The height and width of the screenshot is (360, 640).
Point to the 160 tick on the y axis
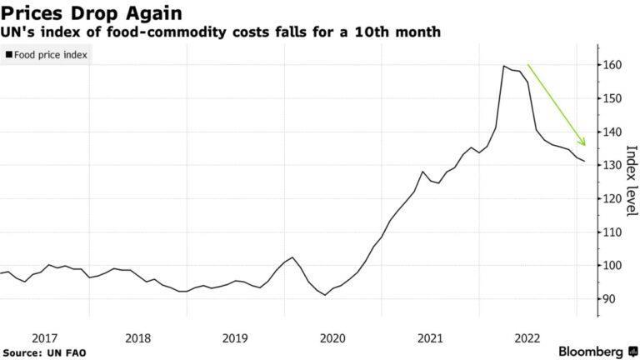[x=614, y=65]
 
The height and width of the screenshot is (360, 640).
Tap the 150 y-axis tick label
[x=614, y=98]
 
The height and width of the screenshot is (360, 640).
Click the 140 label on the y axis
[x=614, y=132]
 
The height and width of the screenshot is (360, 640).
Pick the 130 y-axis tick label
[x=614, y=165]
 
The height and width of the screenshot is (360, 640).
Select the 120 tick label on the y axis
[x=614, y=198]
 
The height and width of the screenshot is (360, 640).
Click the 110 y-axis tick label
[x=614, y=232]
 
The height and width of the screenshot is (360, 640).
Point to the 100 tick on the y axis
[x=614, y=265]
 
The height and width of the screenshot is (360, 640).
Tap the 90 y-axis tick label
[x=611, y=298]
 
